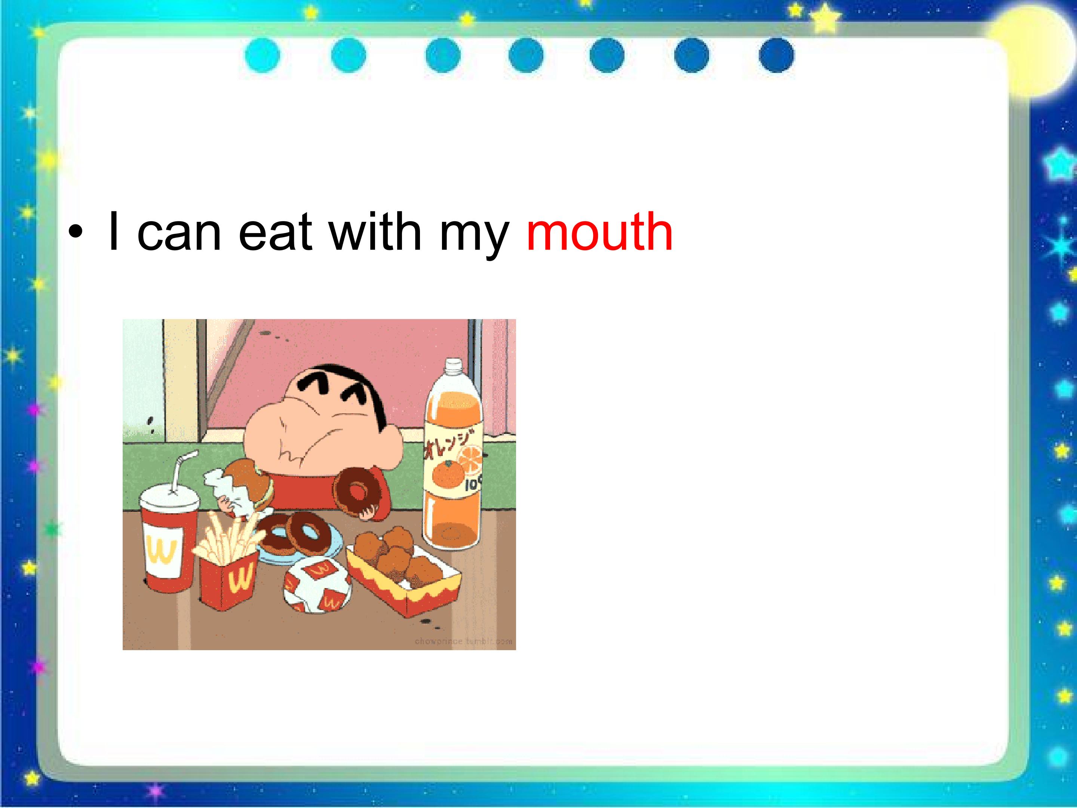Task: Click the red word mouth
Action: [599, 232]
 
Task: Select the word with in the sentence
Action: [375, 232]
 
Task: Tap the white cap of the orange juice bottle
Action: [454, 366]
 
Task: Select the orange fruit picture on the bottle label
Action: [448, 474]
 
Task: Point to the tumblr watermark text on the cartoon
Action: [463, 641]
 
